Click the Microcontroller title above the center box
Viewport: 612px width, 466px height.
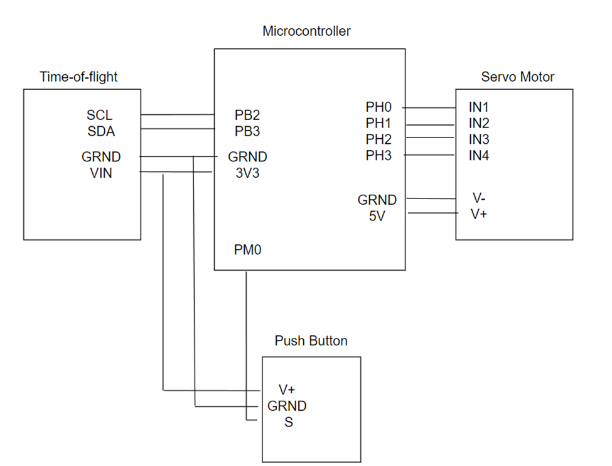[x=306, y=31]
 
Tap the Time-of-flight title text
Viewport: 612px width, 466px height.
[x=78, y=77]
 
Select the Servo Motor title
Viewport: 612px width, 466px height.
[x=517, y=77]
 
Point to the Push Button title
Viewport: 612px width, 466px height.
[x=311, y=341]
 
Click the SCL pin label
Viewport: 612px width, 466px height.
[x=100, y=116]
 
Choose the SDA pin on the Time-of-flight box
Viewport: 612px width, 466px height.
[x=100, y=132]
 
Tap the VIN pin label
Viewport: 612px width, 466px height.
[x=101, y=173]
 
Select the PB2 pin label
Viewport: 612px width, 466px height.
[x=247, y=116]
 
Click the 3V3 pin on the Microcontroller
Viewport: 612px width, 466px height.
[x=247, y=173]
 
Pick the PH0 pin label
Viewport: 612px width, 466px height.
[x=378, y=107]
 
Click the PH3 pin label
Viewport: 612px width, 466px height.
[x=378, y=156]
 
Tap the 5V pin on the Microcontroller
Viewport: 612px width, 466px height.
[x=377, y=217]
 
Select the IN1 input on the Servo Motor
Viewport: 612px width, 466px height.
[x=478, y=107]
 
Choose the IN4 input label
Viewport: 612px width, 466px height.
[x=478, y=156]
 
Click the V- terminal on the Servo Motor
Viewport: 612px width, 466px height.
[x=478, y=198]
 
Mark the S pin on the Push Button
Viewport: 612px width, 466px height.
[x=289, y=423]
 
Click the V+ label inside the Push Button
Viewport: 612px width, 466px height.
[x=287, y=390]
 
